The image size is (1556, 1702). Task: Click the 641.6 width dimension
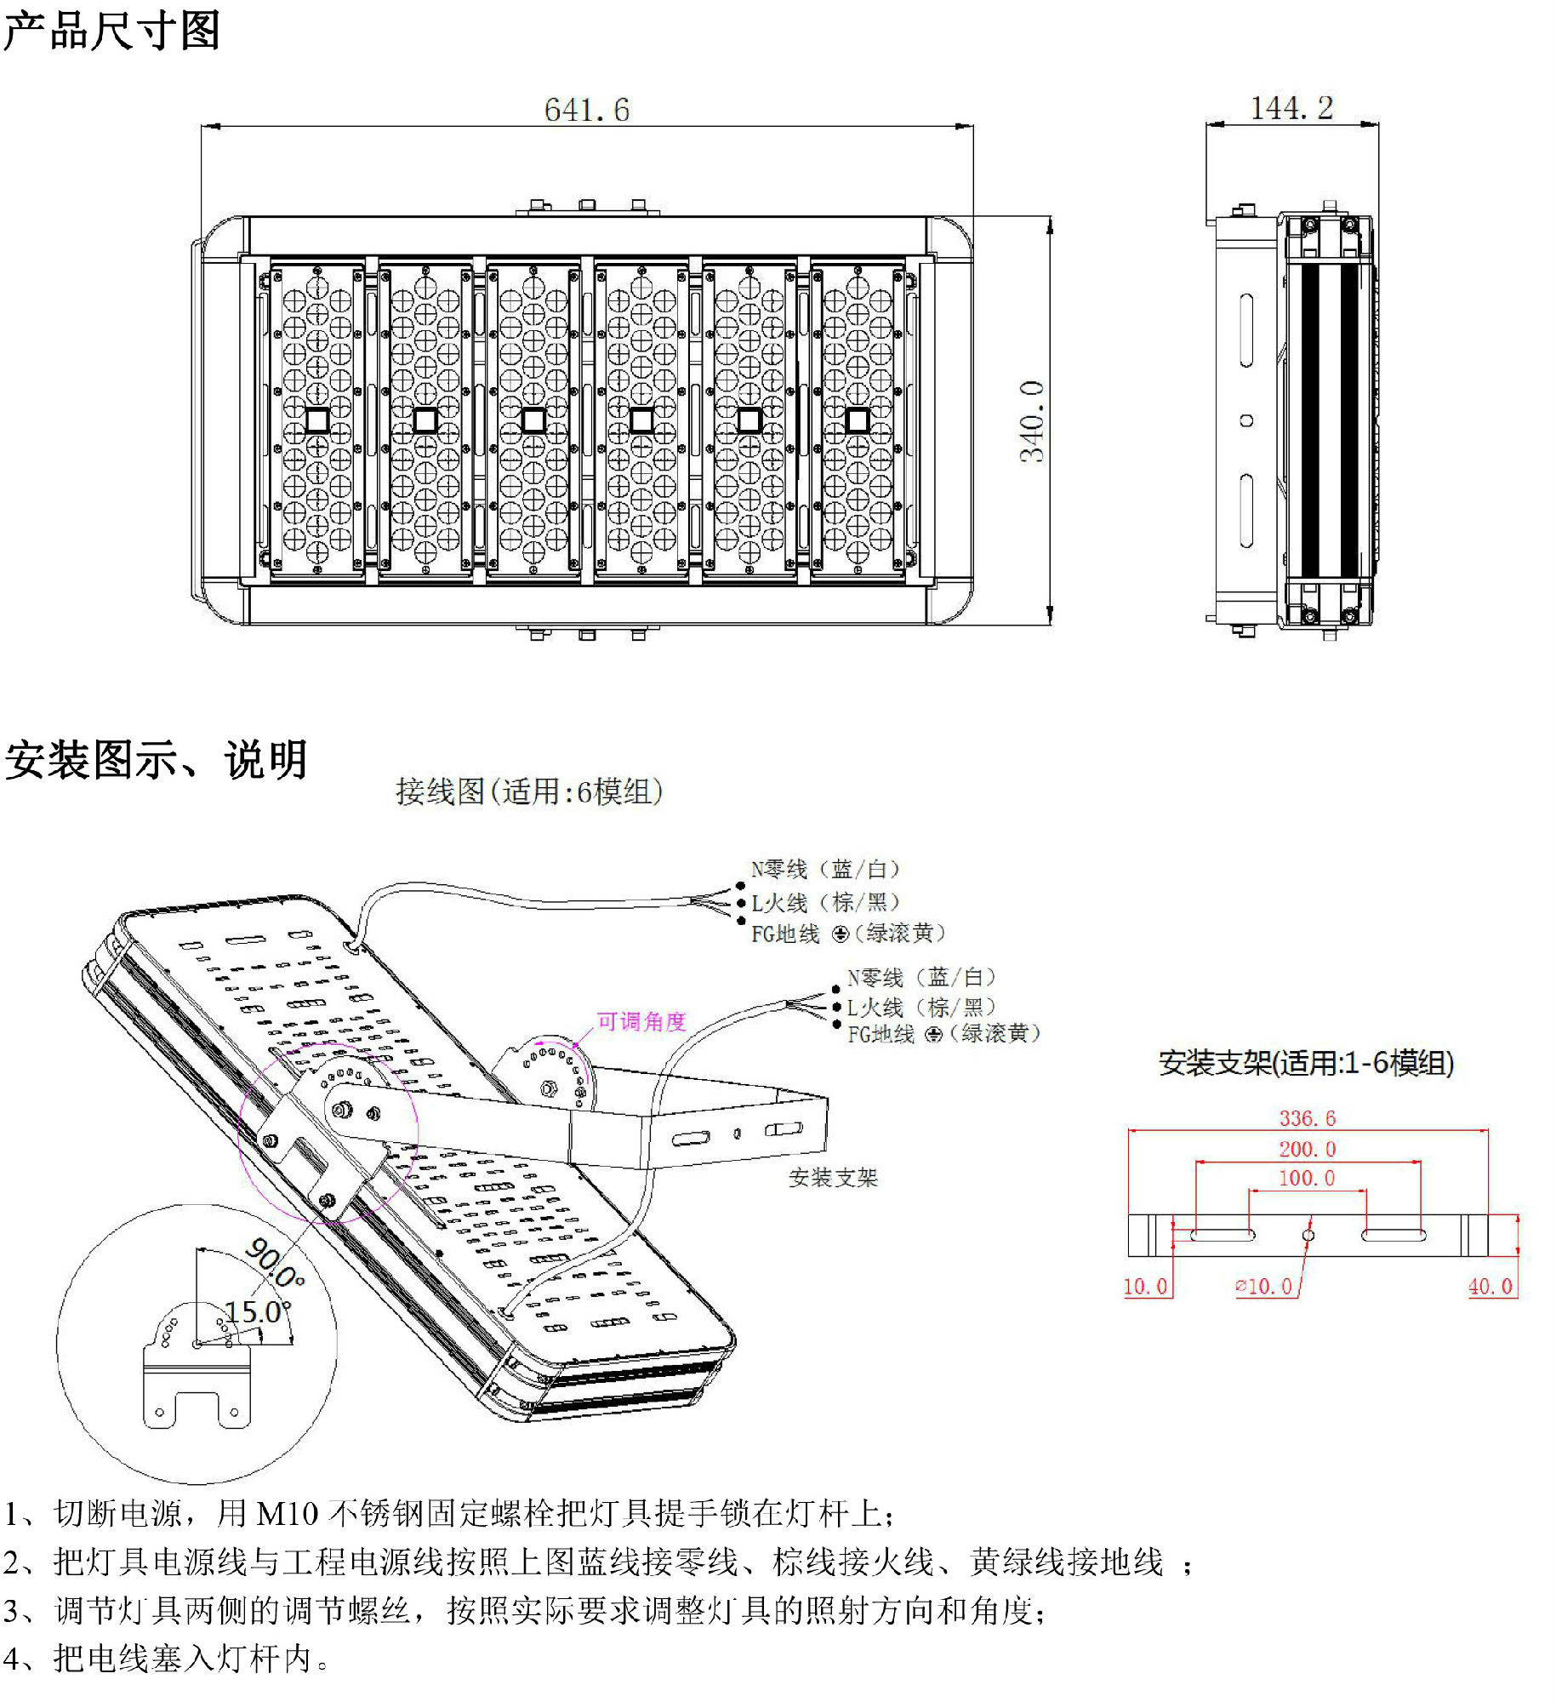(x=586, y=110)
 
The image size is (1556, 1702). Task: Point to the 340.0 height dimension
(x=1031, y=421)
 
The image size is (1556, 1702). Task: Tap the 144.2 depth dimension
(x=1291, y=108)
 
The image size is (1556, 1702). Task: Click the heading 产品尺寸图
(x=111, y=31)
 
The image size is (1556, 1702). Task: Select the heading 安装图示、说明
(x=156, y=759)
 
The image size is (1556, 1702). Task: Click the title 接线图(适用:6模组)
(x=528, y=791)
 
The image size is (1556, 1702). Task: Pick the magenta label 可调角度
(x=641, y=1021)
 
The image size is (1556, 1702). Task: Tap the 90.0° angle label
(x=274, y=1263)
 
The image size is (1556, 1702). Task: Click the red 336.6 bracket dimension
(x=1307, y=1118)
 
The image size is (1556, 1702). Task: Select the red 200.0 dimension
(x=1307, y=1150)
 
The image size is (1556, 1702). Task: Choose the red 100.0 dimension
(x=1307, y=1179)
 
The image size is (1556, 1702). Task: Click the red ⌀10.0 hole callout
(x=1264, y=1287)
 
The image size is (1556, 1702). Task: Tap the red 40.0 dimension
(x=1490, y=1287)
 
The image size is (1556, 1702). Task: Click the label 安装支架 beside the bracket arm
(x=832, y=1178)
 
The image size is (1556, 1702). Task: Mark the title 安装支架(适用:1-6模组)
(x=1306, y=1063)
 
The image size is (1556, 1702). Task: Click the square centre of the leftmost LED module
(x=316, y=420)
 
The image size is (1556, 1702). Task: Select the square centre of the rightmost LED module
(x=858, y=420)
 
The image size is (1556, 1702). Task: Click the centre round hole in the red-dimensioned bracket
(x=1308, y=1235)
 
